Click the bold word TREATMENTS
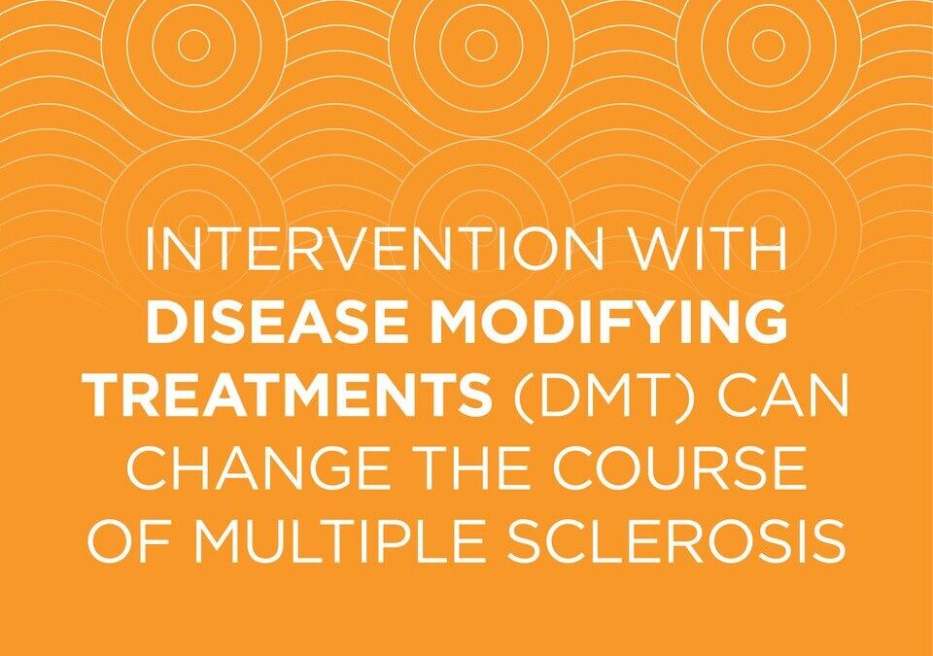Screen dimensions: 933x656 pyautogui.click(x=291, y=394)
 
